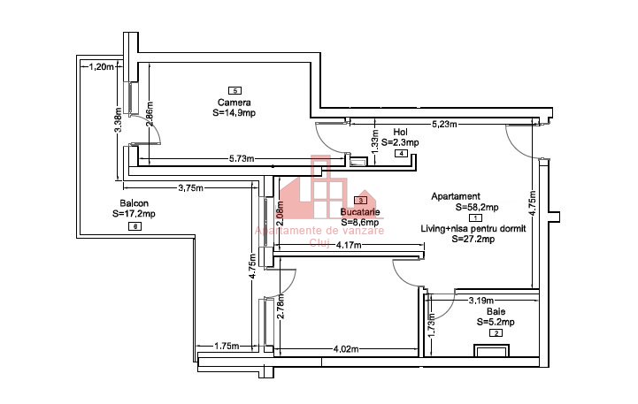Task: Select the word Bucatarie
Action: [x=360, y=213]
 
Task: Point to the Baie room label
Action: [x=496, y=312]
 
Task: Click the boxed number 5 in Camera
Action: [x=234, y=90]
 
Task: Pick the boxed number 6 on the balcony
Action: [x=135, y=226]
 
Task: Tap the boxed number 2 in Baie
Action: [x=496, y=332]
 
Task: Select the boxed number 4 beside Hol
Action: [x=402, y=153]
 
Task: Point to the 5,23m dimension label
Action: [x=444, y=125]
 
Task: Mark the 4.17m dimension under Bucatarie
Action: [x=350, y=245]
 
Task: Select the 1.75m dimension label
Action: [x=227, y=347]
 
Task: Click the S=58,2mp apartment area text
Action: [x=477, y=207]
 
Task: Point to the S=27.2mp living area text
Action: [x=477, y=238]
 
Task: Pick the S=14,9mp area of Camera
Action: [x=234, y=113]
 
